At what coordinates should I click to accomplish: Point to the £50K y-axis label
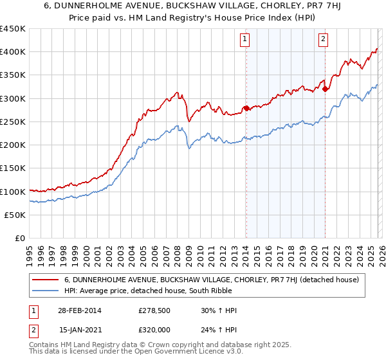click(14, 215)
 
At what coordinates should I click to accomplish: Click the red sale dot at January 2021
click(325, 89)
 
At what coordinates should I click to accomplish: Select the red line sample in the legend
click(46, 280)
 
